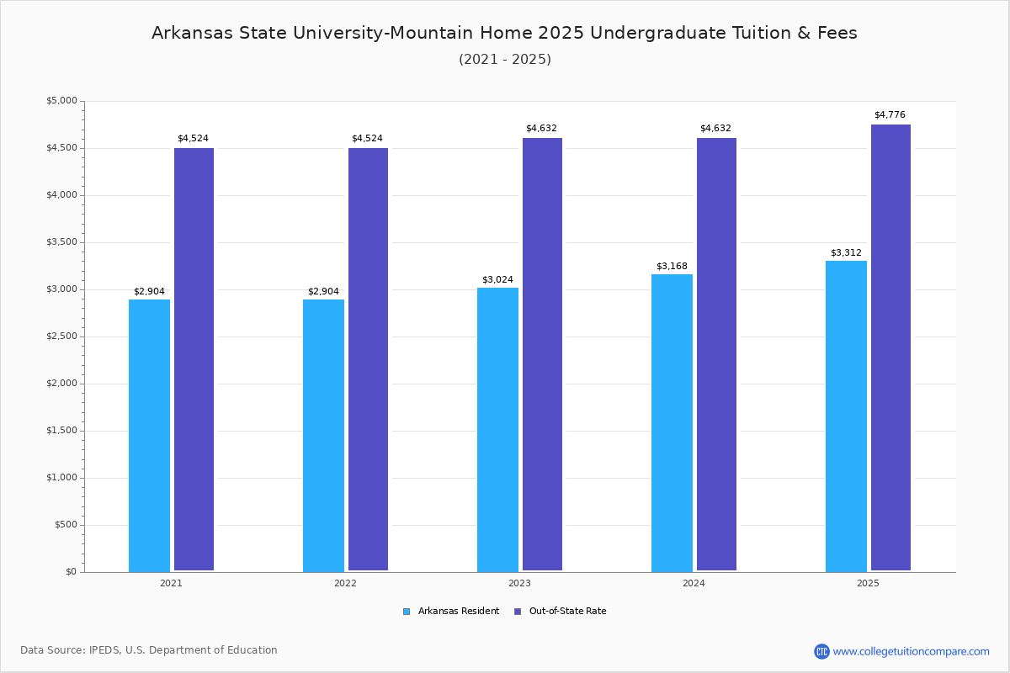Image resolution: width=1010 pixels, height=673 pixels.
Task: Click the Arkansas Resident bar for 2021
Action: tap(149, 435)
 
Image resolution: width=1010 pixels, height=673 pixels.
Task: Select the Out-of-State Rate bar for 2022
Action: tap(368, 359)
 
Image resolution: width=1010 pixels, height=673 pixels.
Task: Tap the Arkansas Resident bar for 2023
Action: tap(497, 429)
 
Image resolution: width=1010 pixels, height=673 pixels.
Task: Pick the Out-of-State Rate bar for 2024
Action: tap(716, 354)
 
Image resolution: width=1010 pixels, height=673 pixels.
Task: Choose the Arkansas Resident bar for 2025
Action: tap(846, 416)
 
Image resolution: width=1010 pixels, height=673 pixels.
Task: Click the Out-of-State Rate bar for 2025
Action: tap(890, 347)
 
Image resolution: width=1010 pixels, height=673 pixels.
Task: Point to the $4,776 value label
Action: tap(890, 115)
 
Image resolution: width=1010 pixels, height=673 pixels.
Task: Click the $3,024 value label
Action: tap(497, 280)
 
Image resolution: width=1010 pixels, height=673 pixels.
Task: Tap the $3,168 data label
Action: tap(672, 267)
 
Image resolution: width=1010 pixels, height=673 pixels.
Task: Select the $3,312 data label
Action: tap(846, 253)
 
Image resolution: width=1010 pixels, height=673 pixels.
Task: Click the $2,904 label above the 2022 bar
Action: tap(323, 292)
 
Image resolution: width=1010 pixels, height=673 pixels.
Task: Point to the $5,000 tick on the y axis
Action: tap(61, 101)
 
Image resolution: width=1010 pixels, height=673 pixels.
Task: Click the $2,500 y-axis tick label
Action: tap(61, 336)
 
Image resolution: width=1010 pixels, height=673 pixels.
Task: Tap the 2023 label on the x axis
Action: tap(519, 583)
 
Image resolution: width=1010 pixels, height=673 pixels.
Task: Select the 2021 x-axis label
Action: tap(171, 583)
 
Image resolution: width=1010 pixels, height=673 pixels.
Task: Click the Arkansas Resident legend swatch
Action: tap(407, 612)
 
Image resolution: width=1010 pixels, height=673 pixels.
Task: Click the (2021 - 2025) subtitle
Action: tap(505, 60)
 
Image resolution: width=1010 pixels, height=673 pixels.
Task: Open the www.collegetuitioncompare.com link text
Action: tap(911, 651)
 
